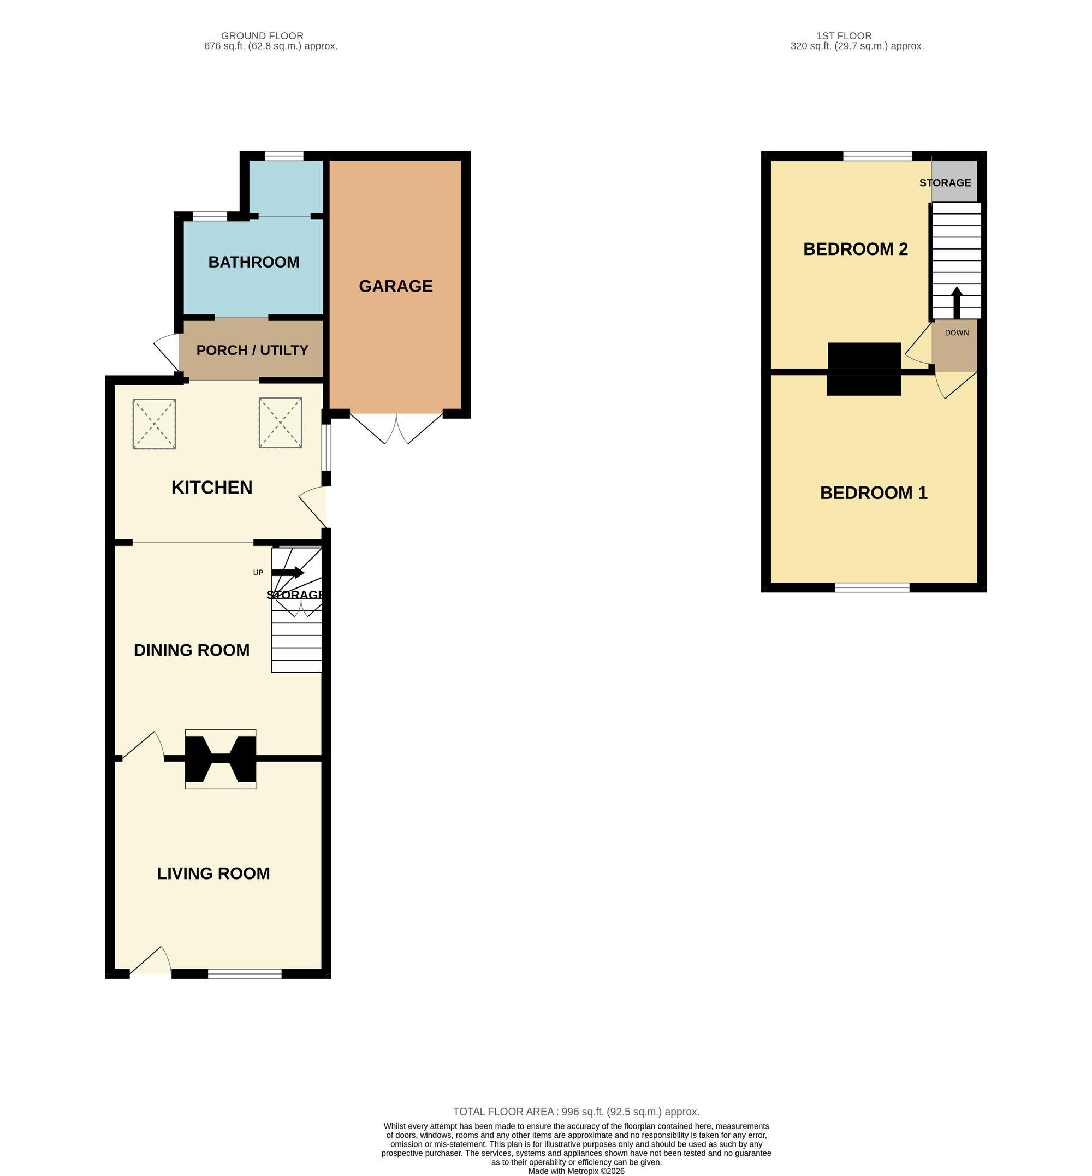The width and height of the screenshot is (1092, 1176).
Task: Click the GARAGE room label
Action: tap(395, 286)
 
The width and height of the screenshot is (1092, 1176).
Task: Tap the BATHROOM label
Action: tap(253, 262)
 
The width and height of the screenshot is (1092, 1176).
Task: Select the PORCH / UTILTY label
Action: tap(252, 351)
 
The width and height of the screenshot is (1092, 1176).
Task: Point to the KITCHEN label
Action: tap(211, 488)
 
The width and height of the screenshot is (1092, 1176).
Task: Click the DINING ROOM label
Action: tap(192, 650)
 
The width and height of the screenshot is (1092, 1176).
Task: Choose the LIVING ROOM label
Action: tap(213, 874)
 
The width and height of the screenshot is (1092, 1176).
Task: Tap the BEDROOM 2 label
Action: tap(855, 250)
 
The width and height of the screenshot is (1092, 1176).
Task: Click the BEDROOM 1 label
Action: tap(874, 493)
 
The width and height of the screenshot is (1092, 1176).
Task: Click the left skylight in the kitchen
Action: tap(154, 424)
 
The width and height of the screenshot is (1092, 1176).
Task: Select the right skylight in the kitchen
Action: tap(281, 423)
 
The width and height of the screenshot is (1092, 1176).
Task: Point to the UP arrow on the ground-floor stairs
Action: tap(288, 572)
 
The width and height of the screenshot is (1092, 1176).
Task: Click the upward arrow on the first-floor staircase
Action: tap(956, 303)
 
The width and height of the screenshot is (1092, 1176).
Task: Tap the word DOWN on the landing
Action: tap(957, 332)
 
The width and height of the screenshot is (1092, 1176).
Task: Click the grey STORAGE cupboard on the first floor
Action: tap(954, 181)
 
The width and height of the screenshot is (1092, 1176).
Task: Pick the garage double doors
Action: tap(396, 429)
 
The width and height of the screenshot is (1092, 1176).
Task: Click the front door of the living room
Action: tap(151, 961)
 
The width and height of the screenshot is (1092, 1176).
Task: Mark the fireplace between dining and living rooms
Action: tap(221, 759)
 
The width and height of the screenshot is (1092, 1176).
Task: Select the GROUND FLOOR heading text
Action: tap(263, 36)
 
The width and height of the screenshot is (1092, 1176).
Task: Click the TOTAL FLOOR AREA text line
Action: tap(576, 1112)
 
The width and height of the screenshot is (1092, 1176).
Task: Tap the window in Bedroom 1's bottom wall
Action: tap(872, 587)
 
